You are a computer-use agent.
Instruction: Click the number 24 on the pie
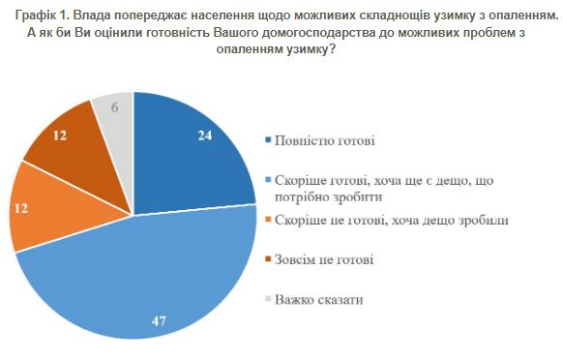click(204, 137)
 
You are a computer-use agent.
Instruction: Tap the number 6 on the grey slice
click(116, 108)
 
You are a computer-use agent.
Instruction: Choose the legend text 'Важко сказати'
click(318, 299)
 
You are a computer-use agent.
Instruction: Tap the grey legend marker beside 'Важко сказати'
click(268, 300)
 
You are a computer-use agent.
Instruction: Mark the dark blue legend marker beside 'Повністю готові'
click(268, 141)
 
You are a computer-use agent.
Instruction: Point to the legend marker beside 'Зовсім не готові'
click(268, 260)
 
